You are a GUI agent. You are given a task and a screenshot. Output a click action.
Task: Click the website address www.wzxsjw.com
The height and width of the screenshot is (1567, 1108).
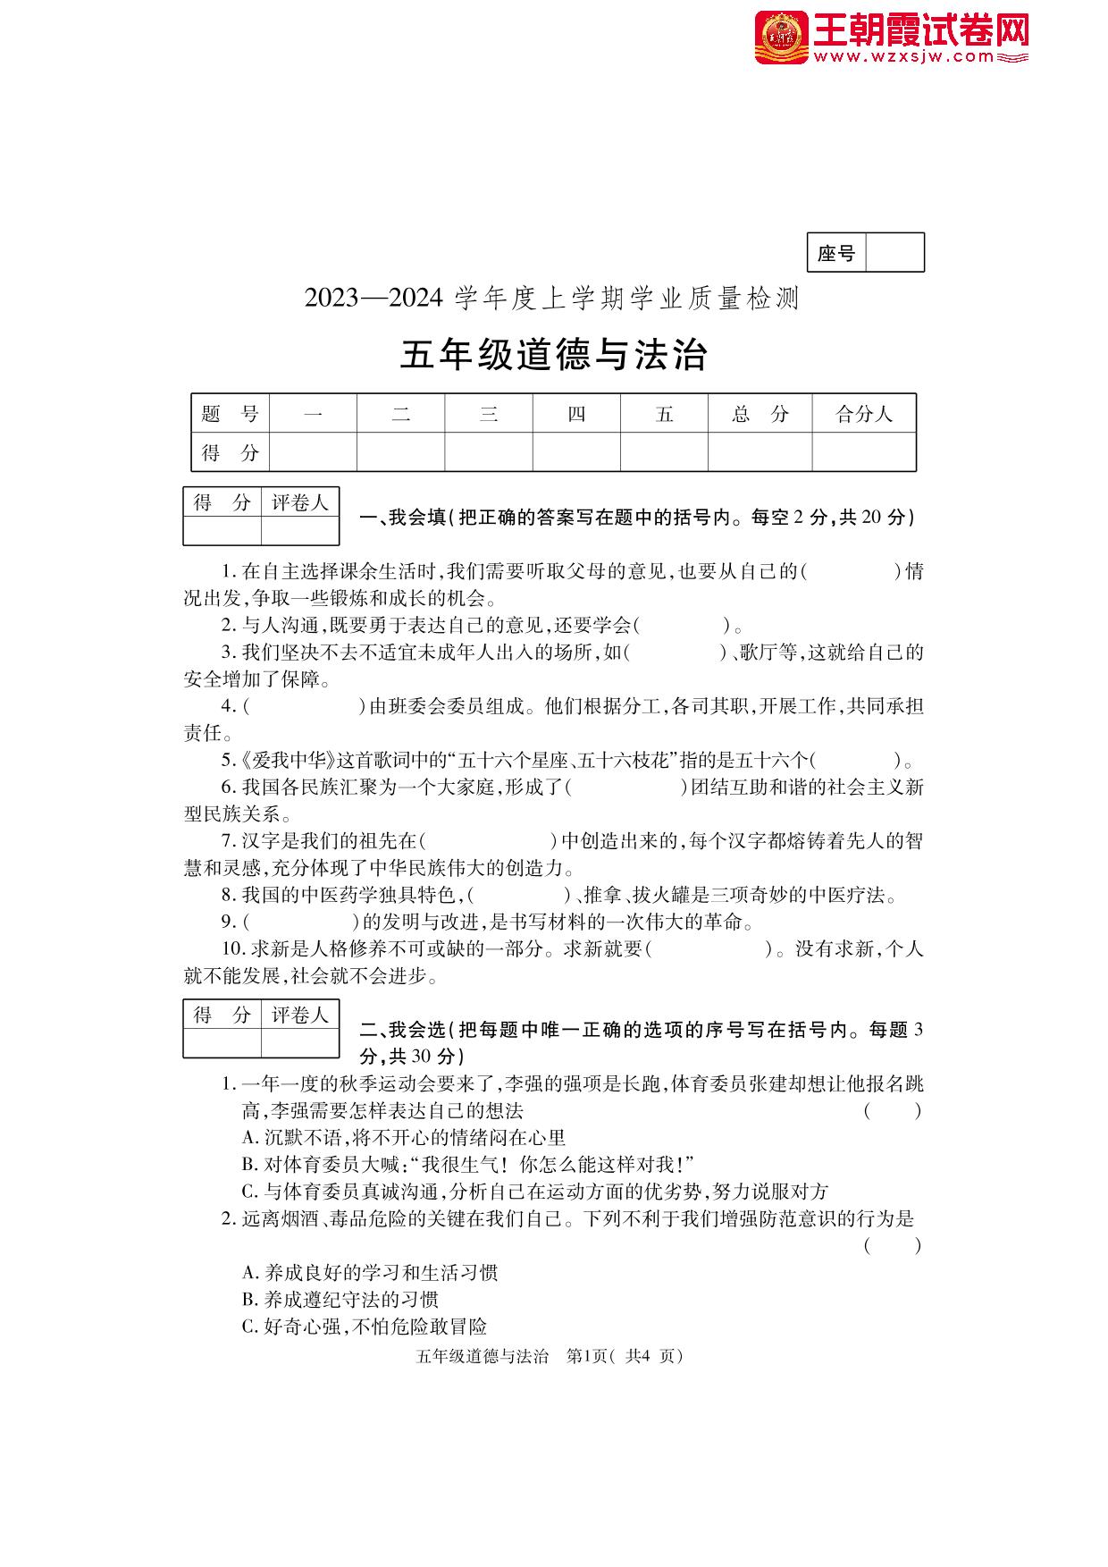point(903,57)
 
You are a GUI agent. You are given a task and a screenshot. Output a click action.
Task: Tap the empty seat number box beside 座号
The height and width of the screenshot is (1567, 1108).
point(894,253)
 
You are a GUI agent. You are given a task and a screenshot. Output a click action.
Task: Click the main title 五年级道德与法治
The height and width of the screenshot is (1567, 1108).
point(553,355)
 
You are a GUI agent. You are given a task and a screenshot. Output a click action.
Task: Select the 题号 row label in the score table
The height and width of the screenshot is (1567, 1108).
point(230,414)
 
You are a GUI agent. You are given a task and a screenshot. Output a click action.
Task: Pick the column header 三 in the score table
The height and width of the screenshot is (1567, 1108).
point(488,414)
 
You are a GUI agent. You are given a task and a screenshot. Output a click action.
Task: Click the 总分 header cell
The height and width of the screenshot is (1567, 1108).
point(760,414)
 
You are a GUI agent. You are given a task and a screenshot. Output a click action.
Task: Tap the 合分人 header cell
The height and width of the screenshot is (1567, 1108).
point(863,414)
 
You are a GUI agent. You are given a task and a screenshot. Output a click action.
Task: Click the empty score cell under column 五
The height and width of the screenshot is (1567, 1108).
point(664,452)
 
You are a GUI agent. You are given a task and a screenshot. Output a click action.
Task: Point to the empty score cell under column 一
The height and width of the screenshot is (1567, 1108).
point(313,452)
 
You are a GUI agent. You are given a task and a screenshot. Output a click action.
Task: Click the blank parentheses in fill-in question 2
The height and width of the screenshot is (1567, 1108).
point(683,626)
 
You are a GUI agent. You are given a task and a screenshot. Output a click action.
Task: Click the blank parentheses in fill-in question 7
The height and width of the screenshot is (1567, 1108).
point(488,841)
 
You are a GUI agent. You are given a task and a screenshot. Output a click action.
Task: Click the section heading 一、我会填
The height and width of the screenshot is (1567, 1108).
point(402,517)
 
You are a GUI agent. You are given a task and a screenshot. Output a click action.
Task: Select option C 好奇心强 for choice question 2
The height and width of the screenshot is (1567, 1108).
point(364,1327)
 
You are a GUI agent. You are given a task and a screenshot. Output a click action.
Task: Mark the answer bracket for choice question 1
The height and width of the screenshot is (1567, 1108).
point(892,1111)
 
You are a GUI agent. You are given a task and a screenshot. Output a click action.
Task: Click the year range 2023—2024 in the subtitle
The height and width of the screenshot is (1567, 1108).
point(374,299)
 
